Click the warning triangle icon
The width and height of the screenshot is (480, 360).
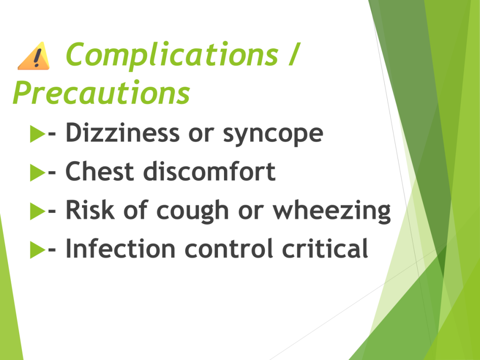click(x=34, y=56)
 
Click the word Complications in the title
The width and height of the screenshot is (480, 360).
click(x=172, y=55)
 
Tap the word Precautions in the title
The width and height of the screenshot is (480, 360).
click(x=101, y=92)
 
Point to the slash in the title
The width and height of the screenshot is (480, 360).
click(x=293, y=54)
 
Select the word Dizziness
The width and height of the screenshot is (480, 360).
click(x=123, y=133)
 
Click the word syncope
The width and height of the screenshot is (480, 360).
click(x=273, y=135)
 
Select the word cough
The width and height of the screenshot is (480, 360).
click(x=193, y=211)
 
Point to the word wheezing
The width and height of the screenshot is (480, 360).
click(x=332, y=211)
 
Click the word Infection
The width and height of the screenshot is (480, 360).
click(x=120, y=248)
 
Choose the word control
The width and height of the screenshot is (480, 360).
click(x=229, y=248)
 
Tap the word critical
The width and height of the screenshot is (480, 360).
click(x=325, y=248)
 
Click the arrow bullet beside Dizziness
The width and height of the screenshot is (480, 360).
click(x=37, y=134)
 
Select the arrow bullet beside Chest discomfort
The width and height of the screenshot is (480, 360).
click(x=37, y=172)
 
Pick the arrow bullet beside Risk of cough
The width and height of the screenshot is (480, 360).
click(x=37, y=211)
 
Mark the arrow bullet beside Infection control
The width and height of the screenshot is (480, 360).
click(x=37, y=250)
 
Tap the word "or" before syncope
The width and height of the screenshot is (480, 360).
click(x=201, y=135)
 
